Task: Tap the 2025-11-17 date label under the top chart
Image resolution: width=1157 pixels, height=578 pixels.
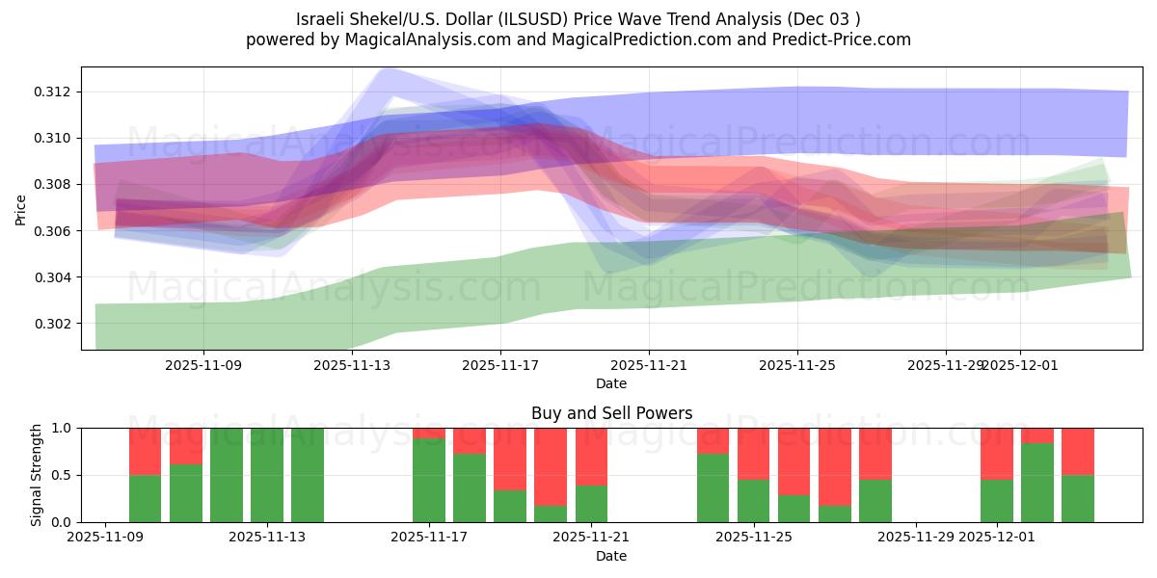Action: click(499, 365)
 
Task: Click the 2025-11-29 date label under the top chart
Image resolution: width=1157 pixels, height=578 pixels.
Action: click(945, 365)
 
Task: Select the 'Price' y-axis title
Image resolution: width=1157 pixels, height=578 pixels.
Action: click(21, 209)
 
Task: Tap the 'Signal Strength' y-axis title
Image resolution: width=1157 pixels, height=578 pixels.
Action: click(36, 475)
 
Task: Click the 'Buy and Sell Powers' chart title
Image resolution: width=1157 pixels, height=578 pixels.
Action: click(611, 413)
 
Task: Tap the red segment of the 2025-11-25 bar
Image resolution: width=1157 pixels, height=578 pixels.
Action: click(753, 453)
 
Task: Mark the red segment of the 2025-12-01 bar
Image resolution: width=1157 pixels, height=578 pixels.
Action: click(997, 453)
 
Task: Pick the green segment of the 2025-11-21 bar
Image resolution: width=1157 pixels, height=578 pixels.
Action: click(591, 503)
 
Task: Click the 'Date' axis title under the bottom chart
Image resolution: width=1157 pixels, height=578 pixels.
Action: click(611, 556)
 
